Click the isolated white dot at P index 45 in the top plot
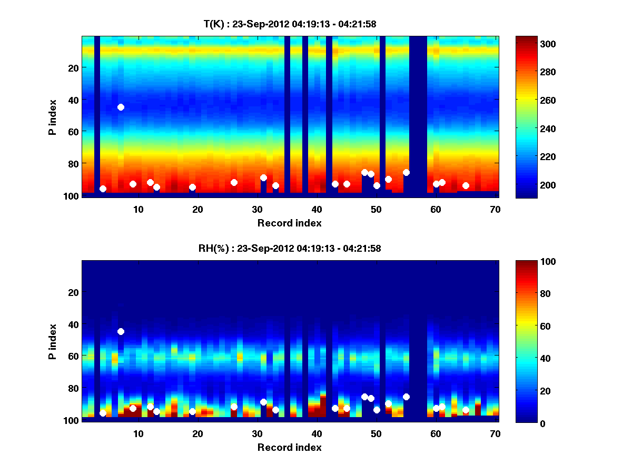tap(121, 107)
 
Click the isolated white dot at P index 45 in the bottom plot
tap(121, 331)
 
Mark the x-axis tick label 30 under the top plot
tap(257, 209)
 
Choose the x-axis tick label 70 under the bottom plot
tap(495, 433)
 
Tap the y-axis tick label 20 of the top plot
tap(73, 68)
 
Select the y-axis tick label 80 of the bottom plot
tap(73, 388)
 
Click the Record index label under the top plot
tap(289, 223)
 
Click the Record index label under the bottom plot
tap(289, 447)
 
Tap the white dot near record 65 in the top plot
tap(466, 185)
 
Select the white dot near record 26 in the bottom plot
tap(234, 407)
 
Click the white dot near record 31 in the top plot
tap(263, 177)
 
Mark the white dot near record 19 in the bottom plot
tap(192, 411)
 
